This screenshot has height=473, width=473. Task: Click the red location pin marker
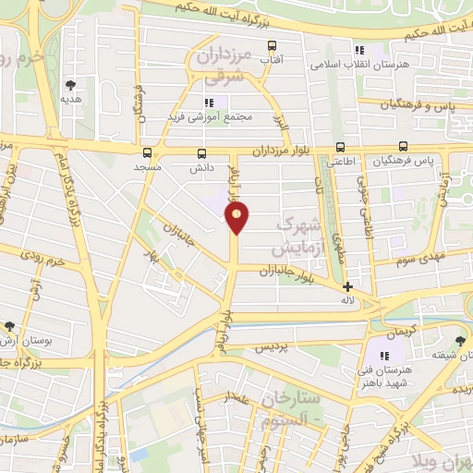(237, 217)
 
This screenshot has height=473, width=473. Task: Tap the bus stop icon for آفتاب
(272, 45)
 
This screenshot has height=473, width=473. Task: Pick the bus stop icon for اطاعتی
(340, 147)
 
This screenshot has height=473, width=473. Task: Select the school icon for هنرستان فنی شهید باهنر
(384, 356)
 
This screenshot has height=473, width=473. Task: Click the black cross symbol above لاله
(347, 287)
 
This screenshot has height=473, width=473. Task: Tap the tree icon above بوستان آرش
(9, 327)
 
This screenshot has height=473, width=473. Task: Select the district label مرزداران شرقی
(225, 67)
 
